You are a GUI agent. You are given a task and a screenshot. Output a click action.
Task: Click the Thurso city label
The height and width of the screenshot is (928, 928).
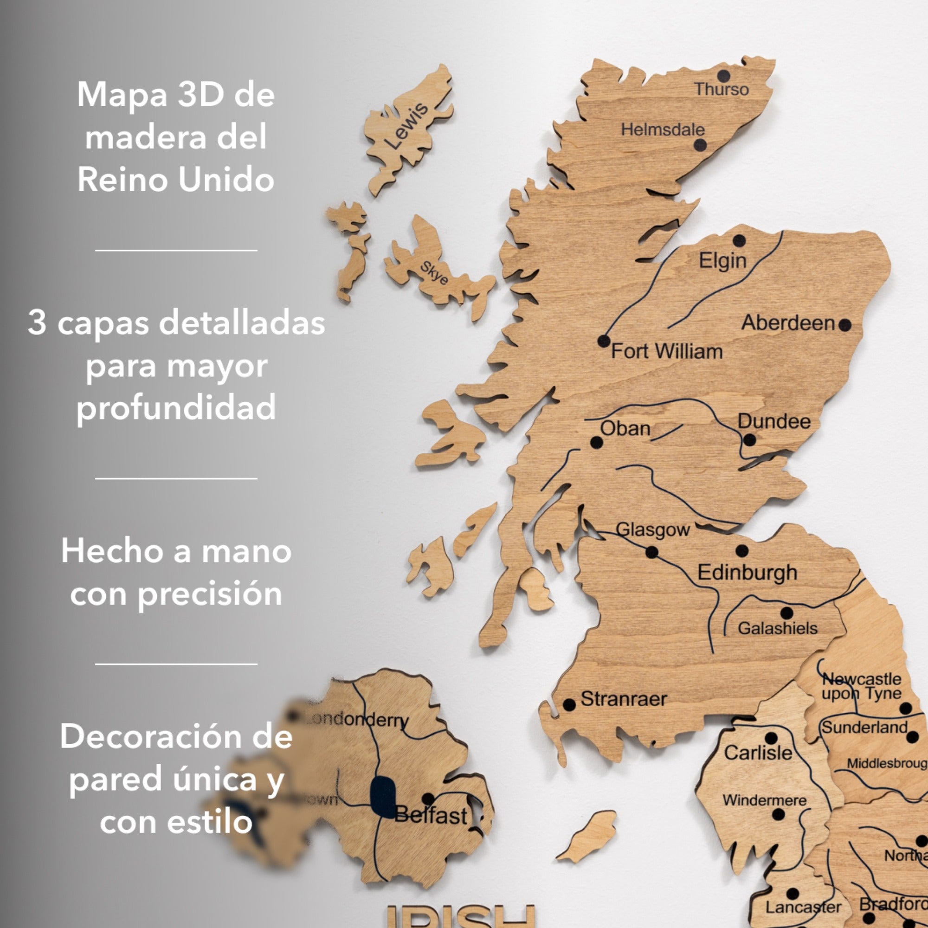(722, 90)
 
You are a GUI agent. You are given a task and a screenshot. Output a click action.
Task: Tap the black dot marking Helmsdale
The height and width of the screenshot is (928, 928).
(700, 145)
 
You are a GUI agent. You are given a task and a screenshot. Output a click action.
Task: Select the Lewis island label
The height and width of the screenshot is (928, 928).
(406, 126)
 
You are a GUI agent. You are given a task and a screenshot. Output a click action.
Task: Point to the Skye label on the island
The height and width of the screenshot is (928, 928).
(434, 273)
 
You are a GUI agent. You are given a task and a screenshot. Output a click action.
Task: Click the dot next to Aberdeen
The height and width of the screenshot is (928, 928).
(845, 325)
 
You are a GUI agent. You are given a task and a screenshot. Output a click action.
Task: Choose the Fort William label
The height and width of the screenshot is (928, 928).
(667, 352)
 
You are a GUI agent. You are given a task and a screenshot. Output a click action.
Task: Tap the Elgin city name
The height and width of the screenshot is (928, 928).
(722, 261)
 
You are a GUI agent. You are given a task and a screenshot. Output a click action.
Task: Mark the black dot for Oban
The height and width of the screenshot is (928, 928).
(597, 442)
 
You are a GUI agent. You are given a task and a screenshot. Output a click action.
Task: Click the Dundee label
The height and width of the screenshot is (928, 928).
(774, 422)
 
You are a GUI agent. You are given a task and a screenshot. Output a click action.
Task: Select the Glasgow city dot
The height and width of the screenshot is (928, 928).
(652, 552)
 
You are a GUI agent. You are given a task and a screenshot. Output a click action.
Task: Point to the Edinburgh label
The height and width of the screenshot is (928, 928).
(747, 573)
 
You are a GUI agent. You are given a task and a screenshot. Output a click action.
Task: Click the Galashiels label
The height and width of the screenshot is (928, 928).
(777, 628)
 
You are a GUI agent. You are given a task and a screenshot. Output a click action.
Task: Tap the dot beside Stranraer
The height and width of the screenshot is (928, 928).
(569, 705)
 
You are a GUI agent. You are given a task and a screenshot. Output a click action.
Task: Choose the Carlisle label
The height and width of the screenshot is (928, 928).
(758, 753)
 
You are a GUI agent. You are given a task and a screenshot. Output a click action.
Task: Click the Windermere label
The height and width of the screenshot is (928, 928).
(764, 800)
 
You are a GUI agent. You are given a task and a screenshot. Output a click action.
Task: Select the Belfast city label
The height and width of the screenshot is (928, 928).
(431, 816)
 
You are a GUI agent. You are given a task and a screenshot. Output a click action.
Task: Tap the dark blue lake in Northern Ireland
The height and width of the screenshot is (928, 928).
(383, 797)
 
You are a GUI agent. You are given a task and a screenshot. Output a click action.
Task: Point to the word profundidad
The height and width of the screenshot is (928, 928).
(176, 407)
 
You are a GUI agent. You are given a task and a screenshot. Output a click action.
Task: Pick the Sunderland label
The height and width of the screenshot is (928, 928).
(864, 728)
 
